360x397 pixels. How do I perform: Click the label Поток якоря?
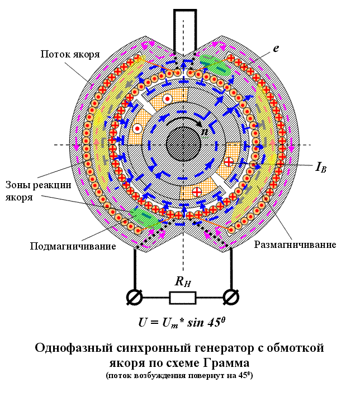tap(70, 54)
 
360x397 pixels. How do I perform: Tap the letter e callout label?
tap(276, 49)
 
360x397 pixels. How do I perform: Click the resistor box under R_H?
tap(183, 297)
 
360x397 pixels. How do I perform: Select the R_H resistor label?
tap(183, 282)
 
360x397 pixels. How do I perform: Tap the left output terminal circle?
tap(134, 297)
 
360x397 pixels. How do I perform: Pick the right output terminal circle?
tap(231, 297)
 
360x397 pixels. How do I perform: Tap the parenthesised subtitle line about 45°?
tap(180, 375)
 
